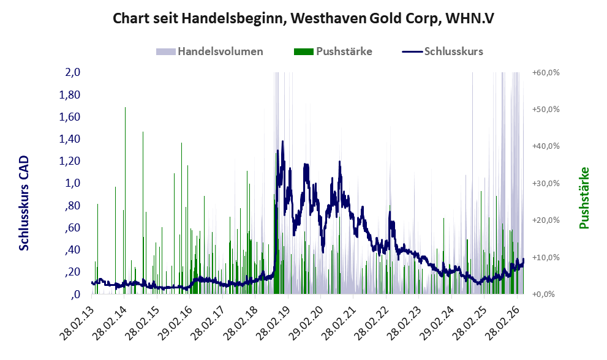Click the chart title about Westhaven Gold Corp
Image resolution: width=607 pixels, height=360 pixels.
pyautogui.click(x=304, y=18)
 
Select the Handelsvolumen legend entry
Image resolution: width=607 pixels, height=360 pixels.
pyautogui.click(x=209, y=51)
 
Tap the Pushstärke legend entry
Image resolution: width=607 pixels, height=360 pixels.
pyautogui.click(x=333, y=51)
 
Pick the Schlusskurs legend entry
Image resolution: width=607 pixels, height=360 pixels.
pyautogui.click(x=442, y=51)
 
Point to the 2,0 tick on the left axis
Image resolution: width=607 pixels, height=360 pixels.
pyautogui.click(x=72, y=72)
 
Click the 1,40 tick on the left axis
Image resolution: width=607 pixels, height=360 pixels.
pyautogui.click(x=69, y=139)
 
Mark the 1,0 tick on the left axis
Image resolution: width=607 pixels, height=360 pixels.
pyautogui.click(x=72, y=183)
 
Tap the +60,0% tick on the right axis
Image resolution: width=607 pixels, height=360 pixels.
pyautogui.click(x=546, y=73)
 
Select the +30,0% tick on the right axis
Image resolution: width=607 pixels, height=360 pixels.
pyautogui.click(x=546, y=184)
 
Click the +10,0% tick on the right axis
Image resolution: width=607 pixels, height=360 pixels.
pyautogui.click(x=546, y=257)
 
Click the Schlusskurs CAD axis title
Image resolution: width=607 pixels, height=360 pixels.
pyautogui.click(x=24, y=203)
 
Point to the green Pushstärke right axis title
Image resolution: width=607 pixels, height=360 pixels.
pyautogui.click(x=584, y=198)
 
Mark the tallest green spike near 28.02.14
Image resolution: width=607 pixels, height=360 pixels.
pyautogui.click(x=125, y=107)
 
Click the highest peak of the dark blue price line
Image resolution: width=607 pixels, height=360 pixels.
pyautogui.click(x=282, y=141)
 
